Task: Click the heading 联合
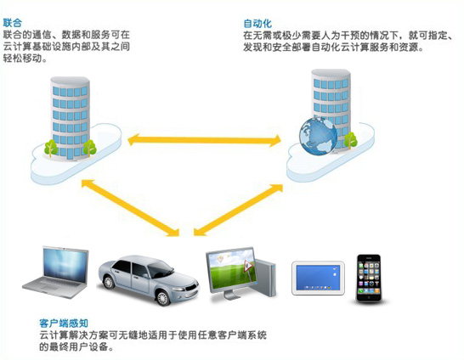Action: tap(13, 23)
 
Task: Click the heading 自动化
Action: tap(257, 24)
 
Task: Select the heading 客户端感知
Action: tap(64, 323)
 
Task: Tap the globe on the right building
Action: tap(318, 136)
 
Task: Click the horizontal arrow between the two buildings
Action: tap(204, 140)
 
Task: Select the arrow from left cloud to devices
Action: tap(130, 208)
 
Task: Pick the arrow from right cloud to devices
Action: tap(238, 210)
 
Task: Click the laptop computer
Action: tap(56, 272)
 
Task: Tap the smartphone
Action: tap(369, 278)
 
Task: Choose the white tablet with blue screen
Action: tap(318, 278)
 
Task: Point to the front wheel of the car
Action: tap(163, 297)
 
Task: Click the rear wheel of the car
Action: tap(109, 282)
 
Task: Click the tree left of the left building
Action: tap(51, 148)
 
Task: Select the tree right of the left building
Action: tap(89, 148)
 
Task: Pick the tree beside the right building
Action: tap(350, 140)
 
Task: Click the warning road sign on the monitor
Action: tap(247, 267)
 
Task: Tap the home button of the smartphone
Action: tap(369, 297)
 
